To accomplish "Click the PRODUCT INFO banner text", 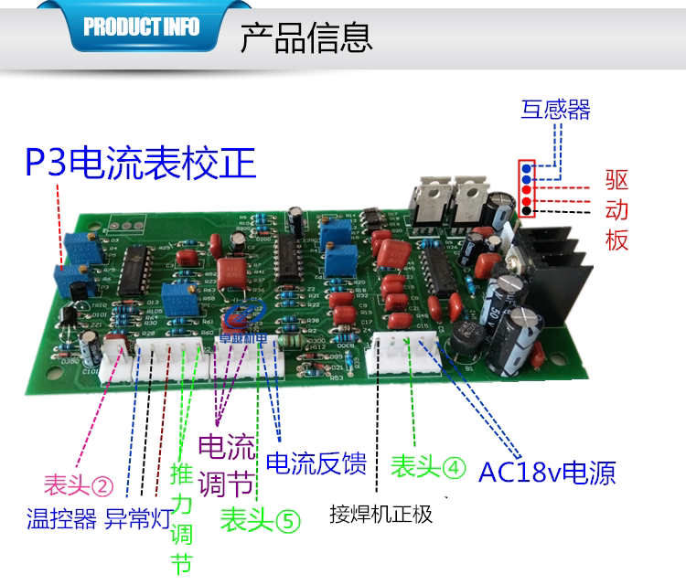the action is [x=141, y=27].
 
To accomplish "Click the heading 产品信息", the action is [x=305, y=37].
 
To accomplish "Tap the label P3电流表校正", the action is [x=140, y=165].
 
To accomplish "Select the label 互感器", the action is [x=556, y=111].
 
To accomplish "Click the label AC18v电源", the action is [x=547, y=472].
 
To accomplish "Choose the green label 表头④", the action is [x=428, y=466].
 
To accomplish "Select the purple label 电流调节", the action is [x=227, y=464].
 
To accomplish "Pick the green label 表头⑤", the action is [x=260, y=520].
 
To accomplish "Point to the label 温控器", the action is [x=61, y=520].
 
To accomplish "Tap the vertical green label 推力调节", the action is [x=182, y=520].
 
